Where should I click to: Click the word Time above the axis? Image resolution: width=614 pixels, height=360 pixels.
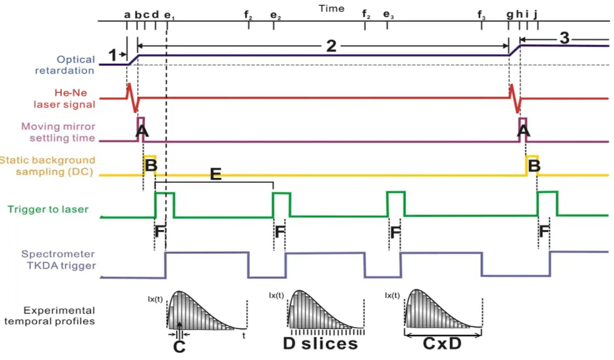(331, 8)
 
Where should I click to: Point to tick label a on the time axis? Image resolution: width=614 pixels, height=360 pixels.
(127, 15)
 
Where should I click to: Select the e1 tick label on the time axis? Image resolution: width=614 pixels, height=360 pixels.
(169, 15)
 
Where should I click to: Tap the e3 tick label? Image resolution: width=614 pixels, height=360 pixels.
(389, 15)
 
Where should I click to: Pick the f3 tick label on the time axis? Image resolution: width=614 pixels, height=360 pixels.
(481, 15)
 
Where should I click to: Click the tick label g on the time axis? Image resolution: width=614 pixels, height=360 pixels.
(510, 15)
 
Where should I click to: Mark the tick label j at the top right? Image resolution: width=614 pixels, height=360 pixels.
(535, 14)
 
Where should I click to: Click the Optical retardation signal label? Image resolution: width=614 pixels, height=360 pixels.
(64, 65)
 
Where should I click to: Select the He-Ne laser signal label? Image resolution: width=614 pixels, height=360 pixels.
(64, 99)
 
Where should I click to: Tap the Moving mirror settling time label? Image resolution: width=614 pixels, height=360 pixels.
(58, 132)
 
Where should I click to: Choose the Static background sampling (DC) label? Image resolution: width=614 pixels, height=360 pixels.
(48, 166)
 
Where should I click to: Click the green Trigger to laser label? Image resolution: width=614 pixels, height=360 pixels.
(48, 209)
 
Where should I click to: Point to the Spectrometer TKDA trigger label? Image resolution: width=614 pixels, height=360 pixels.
(59, 260)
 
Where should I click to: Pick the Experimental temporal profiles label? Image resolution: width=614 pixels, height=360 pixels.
(50, 316)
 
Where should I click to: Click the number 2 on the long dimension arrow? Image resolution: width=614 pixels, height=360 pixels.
(331, 46)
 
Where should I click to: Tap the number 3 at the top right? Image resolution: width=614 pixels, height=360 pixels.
(564, 38)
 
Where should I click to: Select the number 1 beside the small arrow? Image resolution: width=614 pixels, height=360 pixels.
(112, 55)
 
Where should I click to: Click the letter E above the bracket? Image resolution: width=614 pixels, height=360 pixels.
(216, 174)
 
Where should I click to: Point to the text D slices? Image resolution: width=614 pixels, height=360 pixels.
(320, 343)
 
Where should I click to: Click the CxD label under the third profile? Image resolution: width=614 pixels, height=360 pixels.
(442, 343)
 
